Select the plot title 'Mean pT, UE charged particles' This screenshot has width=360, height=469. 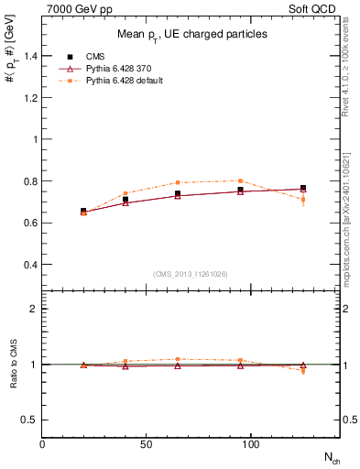(x=192, y=34)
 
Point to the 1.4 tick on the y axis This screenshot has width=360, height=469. (x=30, y=56)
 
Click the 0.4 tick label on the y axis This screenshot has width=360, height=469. (x=30, y=265)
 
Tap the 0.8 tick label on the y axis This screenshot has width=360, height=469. (x=30, y=181)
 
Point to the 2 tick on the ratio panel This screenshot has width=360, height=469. (x=35, y=309)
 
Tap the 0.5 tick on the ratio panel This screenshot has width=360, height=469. (x=30, y=420)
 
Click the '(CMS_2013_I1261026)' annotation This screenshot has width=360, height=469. (x=192, y=274)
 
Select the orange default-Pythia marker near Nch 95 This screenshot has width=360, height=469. (x=240, y=180)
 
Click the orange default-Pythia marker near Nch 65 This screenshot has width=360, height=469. (x=178, y=182)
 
